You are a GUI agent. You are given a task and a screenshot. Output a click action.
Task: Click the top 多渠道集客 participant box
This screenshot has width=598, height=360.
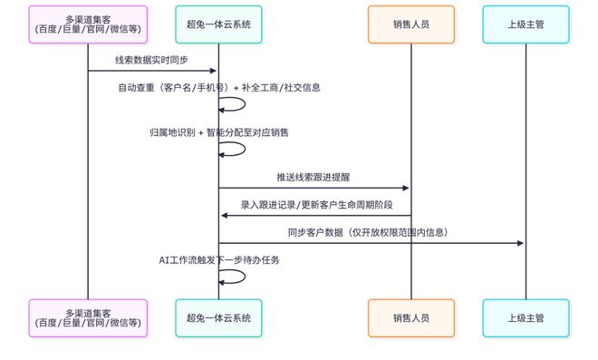(88, 24)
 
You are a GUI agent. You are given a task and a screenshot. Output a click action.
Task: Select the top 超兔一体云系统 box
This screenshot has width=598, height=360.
(218, 24)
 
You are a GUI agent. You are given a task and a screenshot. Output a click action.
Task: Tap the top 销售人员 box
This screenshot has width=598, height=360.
(410, 24)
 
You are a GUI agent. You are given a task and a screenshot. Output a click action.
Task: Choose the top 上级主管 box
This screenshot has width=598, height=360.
(526, 24)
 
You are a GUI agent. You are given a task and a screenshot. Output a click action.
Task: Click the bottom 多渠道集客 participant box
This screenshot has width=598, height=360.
(88, 317)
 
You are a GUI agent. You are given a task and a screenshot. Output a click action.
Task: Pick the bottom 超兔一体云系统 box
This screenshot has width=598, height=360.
(218, 317)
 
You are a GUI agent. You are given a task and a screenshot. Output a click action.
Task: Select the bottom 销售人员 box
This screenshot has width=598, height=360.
(410, 317)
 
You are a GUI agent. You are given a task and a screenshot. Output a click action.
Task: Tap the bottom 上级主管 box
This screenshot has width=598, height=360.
(526, 317)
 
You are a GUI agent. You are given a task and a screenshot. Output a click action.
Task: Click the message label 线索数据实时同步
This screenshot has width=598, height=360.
(152, 60)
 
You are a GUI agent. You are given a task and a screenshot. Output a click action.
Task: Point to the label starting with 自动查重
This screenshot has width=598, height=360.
(218, 88)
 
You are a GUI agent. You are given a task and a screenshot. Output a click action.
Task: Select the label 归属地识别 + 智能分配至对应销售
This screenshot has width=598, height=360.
(218, 133)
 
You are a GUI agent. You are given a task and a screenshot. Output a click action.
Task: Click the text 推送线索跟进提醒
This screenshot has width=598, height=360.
(314, 177)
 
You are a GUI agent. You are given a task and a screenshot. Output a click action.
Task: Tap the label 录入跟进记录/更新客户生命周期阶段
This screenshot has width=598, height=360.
(314, 205)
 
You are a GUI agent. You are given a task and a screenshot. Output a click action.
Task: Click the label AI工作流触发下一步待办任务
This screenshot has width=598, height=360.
(218, 260)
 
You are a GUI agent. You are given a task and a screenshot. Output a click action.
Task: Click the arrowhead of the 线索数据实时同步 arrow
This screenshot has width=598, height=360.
(214, 71)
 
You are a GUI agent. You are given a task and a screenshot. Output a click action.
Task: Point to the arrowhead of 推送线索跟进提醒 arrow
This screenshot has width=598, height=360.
(406, 188)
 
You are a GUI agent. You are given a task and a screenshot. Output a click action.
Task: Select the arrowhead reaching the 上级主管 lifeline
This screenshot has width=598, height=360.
(521, 243)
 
